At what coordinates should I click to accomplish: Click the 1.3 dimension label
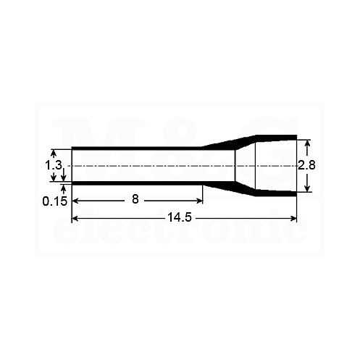tap(54, 166)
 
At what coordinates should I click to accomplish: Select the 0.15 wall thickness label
tap(55, 201)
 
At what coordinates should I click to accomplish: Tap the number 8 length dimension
tap(135, 199)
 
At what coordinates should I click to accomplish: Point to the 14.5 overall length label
tap(180, 217)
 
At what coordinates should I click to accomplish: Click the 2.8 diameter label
tap(306, 165)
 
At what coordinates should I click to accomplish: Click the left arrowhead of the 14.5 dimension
tap(75, 219)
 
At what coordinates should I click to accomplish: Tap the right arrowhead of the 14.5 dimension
tap(293, 219)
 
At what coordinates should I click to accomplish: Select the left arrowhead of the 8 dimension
tap(75, 201)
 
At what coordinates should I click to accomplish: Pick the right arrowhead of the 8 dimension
tap(199, 201)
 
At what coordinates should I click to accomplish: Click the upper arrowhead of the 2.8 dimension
tap(307, 143)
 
